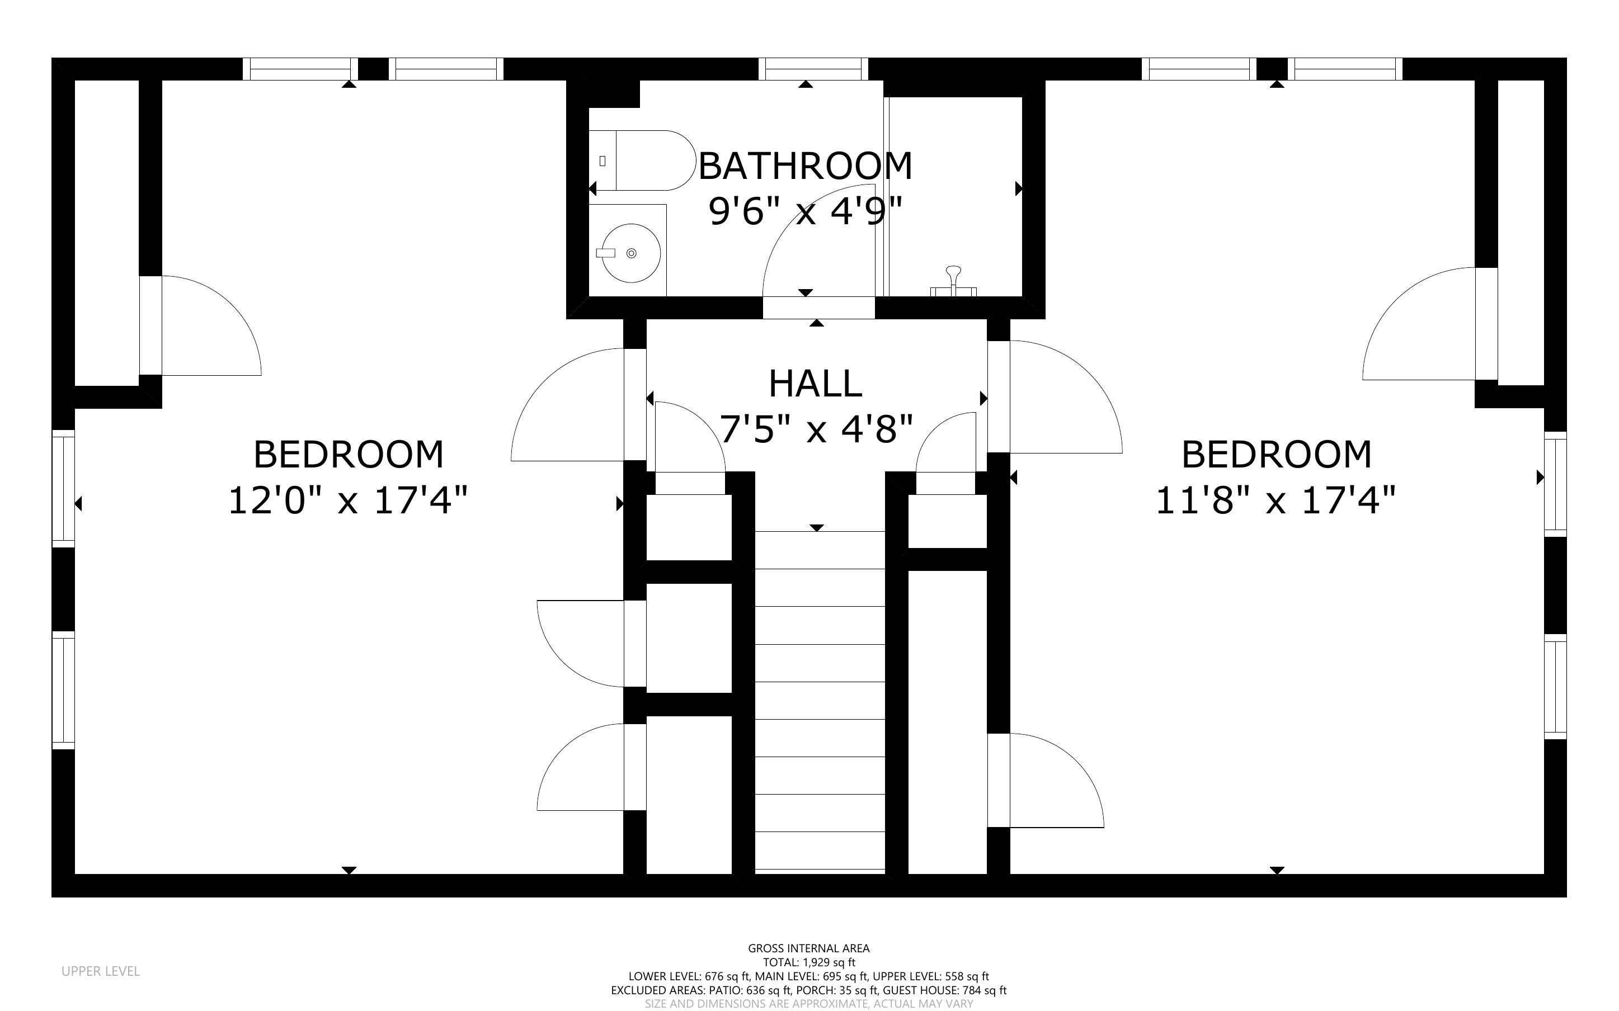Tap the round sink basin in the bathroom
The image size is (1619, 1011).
coord(630,253)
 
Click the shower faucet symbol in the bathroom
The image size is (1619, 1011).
coord(953,281)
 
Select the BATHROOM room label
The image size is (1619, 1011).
coord(805,166)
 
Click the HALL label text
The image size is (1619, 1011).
coord(815,383)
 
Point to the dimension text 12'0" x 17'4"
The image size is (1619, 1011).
coord(348,500)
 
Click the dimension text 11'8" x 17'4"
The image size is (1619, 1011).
coord(1276,500)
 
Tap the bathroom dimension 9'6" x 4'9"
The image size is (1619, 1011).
coord(806,211)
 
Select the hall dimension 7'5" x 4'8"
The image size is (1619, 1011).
coord(816,428)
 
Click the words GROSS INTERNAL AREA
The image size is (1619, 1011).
coord(808,948)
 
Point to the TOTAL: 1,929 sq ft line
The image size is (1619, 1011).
coord(809,963)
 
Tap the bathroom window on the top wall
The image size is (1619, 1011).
coord(813,69)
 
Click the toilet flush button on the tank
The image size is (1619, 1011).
coord(603,160)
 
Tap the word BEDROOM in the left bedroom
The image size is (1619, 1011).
coord(349,455)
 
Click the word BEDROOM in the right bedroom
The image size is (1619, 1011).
coord(1277,455)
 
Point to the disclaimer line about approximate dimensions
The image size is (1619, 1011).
coord(808,1004)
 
